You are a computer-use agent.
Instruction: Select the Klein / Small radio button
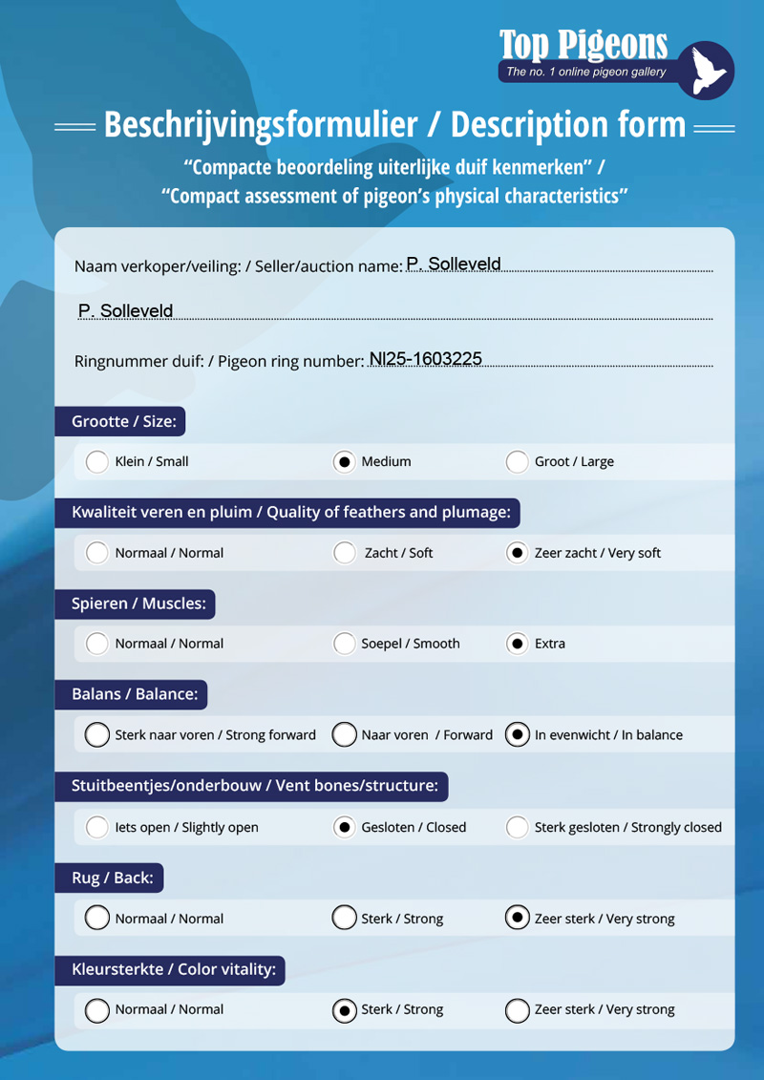(96, 462)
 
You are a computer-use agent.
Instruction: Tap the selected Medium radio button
(344, 462)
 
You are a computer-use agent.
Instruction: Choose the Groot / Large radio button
(517, 462)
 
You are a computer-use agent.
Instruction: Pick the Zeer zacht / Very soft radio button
(517, 553)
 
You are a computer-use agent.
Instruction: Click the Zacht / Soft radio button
(344, 553)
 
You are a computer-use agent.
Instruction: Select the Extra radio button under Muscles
(517, 644)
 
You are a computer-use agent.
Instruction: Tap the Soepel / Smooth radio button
(344, 644)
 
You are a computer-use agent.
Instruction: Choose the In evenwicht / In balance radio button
(517, 735)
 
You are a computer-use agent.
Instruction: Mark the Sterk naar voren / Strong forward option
(96, 735)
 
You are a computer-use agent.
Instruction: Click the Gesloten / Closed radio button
(344, 827)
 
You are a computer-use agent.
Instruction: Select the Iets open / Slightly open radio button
(96, 827)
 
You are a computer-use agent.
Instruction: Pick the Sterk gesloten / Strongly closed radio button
(517, 827)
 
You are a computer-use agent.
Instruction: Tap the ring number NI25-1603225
(425, 359)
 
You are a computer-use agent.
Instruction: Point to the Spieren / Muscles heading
(138, 604)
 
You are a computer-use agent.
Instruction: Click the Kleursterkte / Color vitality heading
(173, 970)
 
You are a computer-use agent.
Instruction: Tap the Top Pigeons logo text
(583, 44)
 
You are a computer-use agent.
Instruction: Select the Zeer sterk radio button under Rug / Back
(517, 919)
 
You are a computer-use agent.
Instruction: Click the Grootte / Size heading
(123, 421)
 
